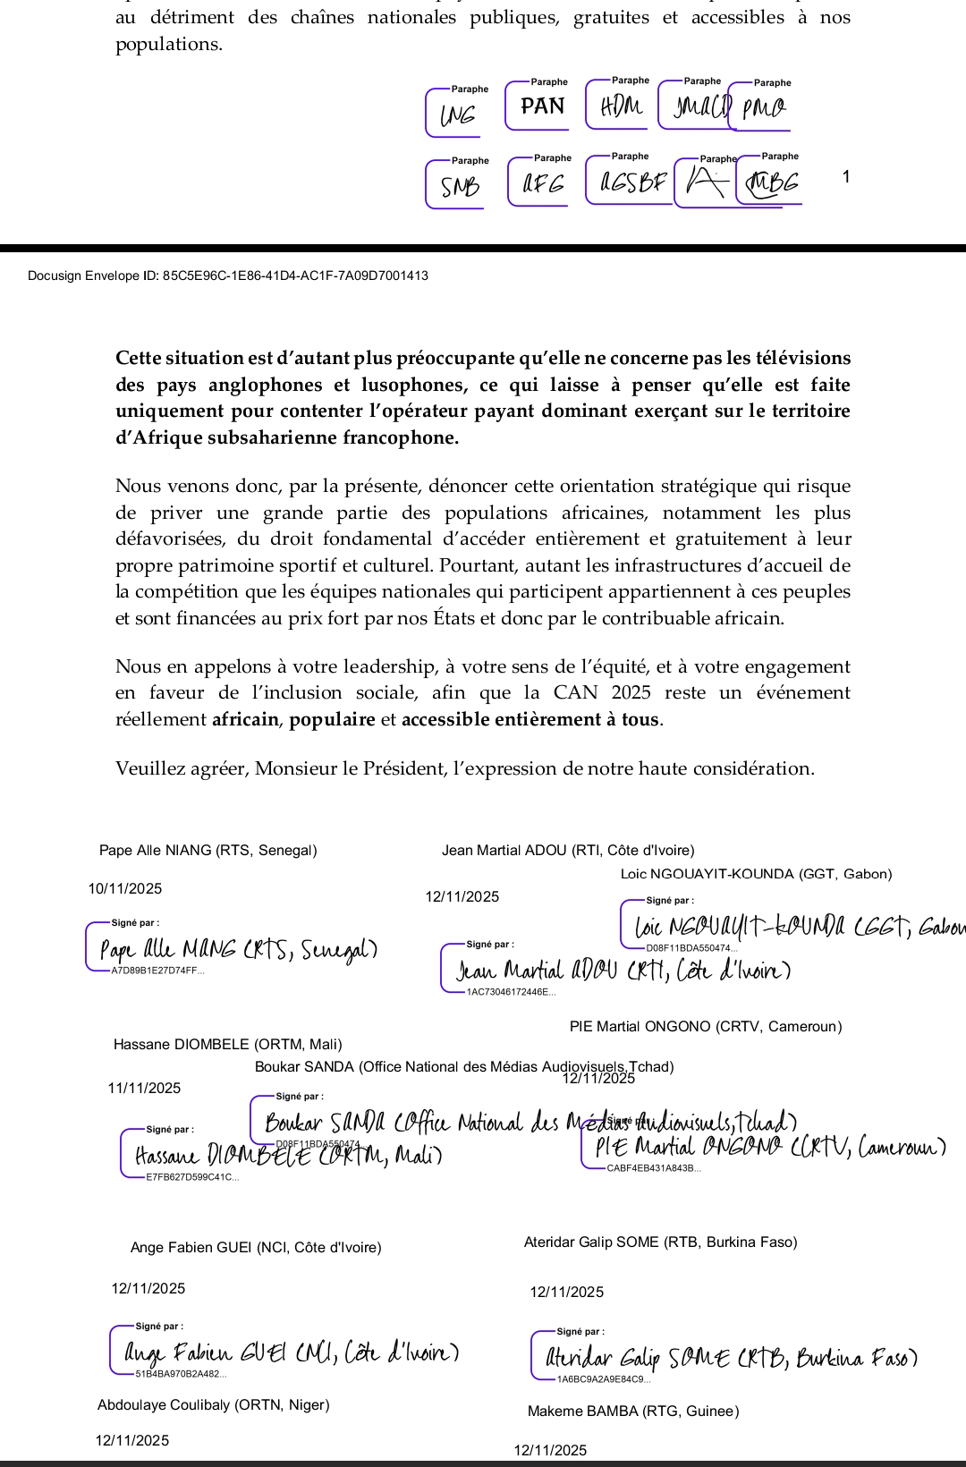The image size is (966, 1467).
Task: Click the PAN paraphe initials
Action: (542, 106)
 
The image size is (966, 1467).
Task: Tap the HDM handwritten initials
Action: (621, 106)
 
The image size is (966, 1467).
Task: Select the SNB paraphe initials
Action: (460, 186)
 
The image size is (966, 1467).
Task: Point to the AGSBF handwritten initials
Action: (633, 182)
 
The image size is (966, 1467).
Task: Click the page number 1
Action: (846, 176)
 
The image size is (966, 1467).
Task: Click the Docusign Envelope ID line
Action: (228, 276)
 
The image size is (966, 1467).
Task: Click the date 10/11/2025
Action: (125, 888)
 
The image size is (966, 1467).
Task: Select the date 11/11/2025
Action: (144, 1088)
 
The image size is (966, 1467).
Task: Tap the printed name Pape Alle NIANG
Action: (208, 850)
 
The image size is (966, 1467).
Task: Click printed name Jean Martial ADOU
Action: (568, 850)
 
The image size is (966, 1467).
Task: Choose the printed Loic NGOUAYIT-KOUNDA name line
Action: (756, 874)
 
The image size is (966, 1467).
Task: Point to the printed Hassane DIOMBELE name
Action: (227, 1044)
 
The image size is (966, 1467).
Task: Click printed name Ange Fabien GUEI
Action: (256, 1247)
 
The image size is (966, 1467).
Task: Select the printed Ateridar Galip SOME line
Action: (660, 1242)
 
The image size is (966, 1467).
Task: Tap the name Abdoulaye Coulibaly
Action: (213, 1404)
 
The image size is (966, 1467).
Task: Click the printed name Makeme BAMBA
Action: (633, 1411)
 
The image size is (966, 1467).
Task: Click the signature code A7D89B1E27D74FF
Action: (157, 971)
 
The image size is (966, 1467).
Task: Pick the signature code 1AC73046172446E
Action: (511, 992)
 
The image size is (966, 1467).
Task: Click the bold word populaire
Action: (332, 719)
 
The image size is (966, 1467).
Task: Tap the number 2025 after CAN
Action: (631, 692)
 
